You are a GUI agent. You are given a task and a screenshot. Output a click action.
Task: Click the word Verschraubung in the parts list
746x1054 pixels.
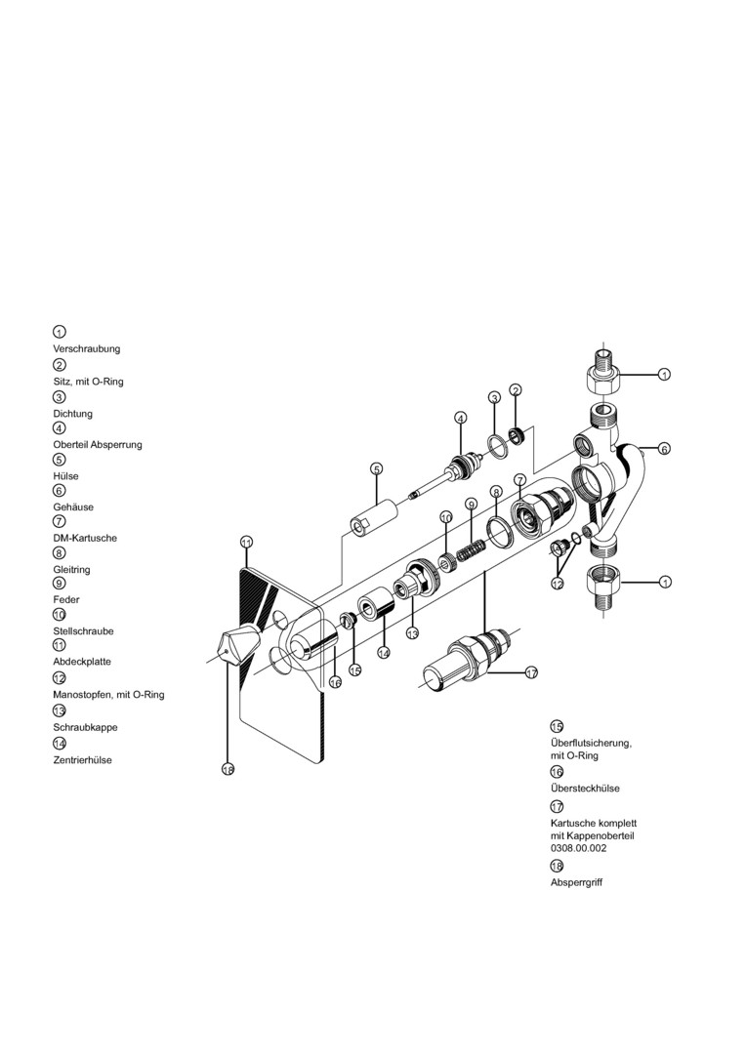pyautogui.click(x=87, y=348)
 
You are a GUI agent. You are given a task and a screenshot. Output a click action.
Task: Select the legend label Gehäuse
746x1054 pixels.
pyautogui.click(x=73, y=507)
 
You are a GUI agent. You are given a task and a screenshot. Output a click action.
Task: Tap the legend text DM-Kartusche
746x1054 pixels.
pyautogui.click(x=85, y=538)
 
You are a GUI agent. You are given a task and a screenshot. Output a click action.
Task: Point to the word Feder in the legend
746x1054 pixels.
pyautogui.click(x=66, y=599)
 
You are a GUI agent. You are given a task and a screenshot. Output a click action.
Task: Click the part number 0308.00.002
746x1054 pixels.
pyautogui.click(x=579, y=848)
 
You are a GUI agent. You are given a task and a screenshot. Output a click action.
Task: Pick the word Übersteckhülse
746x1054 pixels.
pyautogui.click(x=585, y=788)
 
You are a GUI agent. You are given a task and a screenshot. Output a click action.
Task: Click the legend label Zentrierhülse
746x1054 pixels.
pyautogui.click(x=82, y=759)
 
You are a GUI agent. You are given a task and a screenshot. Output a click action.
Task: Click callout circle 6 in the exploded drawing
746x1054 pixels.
pyautogui.click(x=664, y=449)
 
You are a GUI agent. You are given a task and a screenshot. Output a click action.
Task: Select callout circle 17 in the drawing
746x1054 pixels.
pyautogui.click(x=531, y=672)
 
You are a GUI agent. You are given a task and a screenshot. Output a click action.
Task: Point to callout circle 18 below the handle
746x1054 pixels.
pyautogui.click(x=228, y=770)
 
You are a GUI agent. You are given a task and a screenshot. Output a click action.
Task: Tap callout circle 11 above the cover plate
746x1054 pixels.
pyautogui.click(x=246, y=542)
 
